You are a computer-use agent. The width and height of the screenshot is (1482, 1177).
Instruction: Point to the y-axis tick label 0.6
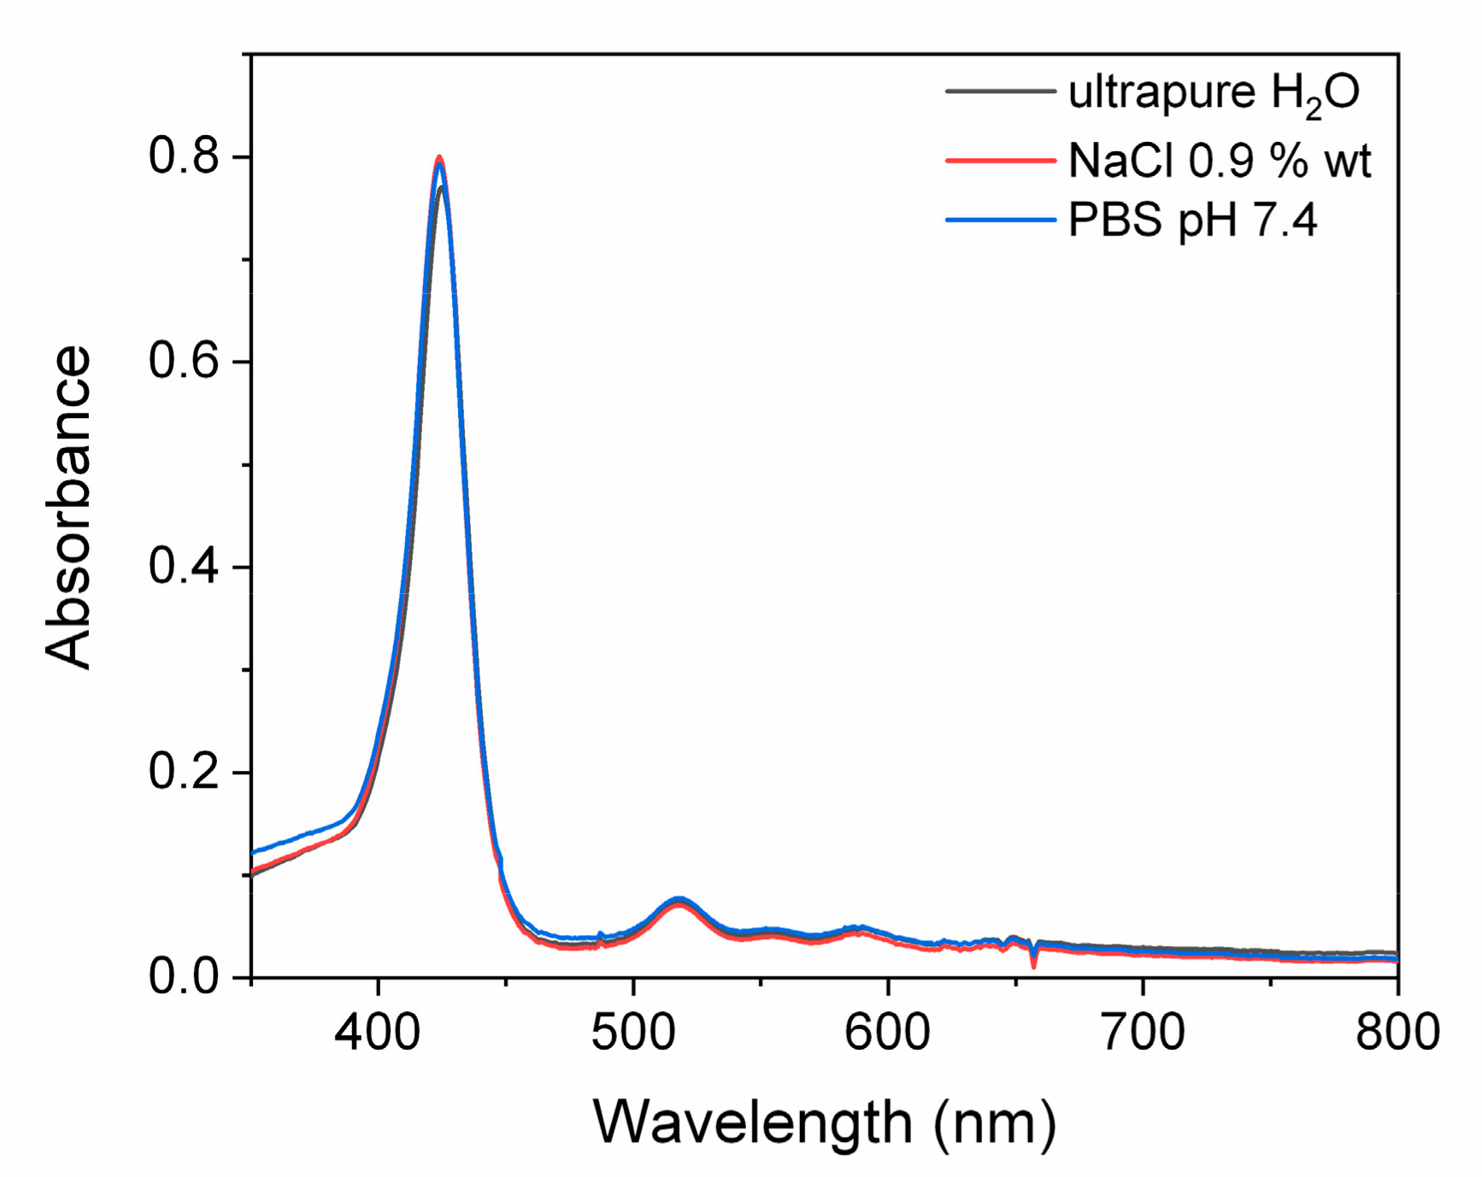pos(184,362)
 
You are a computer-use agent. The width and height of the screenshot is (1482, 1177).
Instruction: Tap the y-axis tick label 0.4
pos(184,567)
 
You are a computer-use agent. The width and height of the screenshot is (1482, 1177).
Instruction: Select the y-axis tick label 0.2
pos(184,772)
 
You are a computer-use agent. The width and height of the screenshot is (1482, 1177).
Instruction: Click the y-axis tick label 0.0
pos(184,976)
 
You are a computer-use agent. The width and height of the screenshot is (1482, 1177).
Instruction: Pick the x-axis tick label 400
pos(377,1032)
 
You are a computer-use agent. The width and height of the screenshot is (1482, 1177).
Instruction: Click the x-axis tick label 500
pos(633,1032)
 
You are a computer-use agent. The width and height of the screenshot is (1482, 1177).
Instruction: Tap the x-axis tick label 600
pos(888,1032)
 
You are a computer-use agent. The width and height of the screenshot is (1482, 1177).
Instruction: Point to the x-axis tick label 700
pos(1143,1032)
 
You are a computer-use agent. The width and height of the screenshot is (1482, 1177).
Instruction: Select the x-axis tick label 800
pos(1397,1032)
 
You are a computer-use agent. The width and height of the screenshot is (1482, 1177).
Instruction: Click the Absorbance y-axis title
pos(68,508)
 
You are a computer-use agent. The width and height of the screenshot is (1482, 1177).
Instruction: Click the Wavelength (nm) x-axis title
pos(824,1122)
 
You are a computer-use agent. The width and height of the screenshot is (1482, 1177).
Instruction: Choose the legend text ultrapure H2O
pos(1214,92)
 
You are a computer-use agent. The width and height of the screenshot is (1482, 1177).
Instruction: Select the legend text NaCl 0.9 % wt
pos(1220,160)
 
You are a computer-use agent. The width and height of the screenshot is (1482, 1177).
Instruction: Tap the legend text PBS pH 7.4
pos(1192,221)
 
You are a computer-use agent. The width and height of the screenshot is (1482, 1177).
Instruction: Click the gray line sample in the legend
pos(1000,91)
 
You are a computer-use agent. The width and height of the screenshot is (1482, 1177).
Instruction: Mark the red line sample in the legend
pos(1000,160)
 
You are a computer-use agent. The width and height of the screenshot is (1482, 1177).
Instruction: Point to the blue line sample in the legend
pos(1000,221)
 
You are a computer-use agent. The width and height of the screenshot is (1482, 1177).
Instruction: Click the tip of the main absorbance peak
pos(439,158)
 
